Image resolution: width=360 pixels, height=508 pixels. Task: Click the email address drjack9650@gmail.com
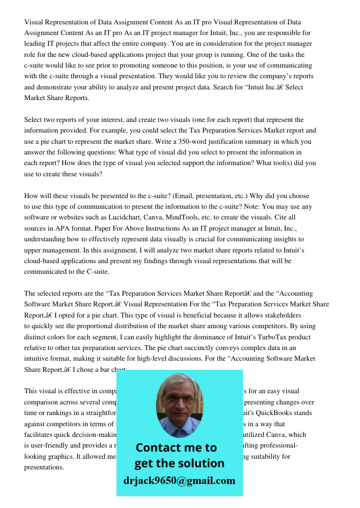point(179,480)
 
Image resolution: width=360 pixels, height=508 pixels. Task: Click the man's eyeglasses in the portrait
point(178,399)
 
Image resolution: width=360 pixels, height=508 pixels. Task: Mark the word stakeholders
point(282,315)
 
